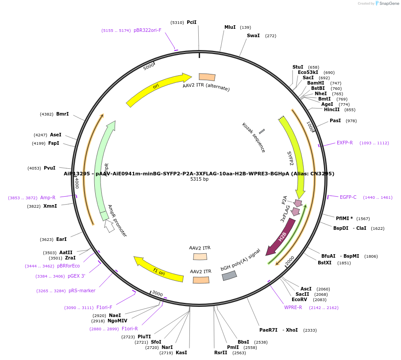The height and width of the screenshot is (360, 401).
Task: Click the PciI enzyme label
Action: point(191,22)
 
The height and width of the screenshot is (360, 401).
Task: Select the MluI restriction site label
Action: point(230,27)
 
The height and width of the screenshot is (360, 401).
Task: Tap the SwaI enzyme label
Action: point(253,35)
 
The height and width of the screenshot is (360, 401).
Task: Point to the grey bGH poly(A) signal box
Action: point(229,275)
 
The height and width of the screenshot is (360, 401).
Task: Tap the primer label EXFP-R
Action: point(345,143)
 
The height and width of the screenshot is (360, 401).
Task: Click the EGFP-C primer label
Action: point(348,197)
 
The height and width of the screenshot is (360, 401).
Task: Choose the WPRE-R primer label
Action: point(293,307)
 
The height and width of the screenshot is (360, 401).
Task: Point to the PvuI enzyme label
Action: point(50,168)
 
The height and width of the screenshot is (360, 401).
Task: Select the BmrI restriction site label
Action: point(62,114)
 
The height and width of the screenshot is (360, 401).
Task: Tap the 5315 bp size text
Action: point(199,179)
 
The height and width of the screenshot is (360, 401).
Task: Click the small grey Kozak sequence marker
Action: point(262,132)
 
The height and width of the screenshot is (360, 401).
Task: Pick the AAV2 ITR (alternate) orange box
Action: point(207,77)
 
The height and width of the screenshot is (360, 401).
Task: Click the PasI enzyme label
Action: point(335,120)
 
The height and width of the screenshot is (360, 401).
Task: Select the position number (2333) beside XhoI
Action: point(310,330)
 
